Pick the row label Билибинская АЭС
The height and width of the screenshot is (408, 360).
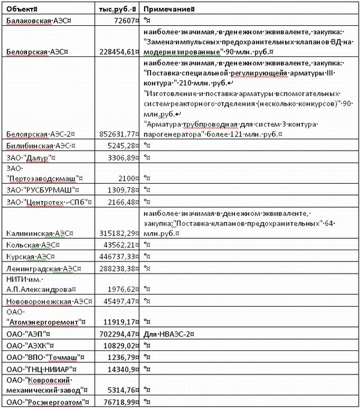coord(40,146)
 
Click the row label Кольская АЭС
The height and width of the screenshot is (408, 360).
coord(32,244)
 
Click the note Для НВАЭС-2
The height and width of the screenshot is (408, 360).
coord(169,334)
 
